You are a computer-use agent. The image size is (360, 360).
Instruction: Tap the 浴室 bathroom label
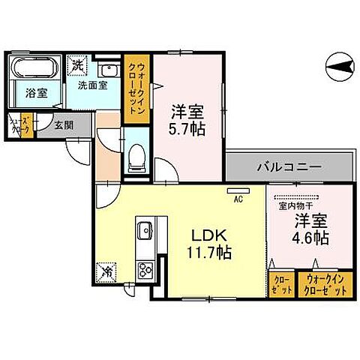(34, 94)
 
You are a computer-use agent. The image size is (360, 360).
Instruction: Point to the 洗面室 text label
(94, 85)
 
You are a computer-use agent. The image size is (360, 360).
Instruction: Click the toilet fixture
(136, 156)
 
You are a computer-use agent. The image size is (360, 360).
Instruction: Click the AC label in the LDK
(237, 199)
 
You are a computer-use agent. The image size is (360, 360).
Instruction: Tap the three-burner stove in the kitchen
(145, 268)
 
